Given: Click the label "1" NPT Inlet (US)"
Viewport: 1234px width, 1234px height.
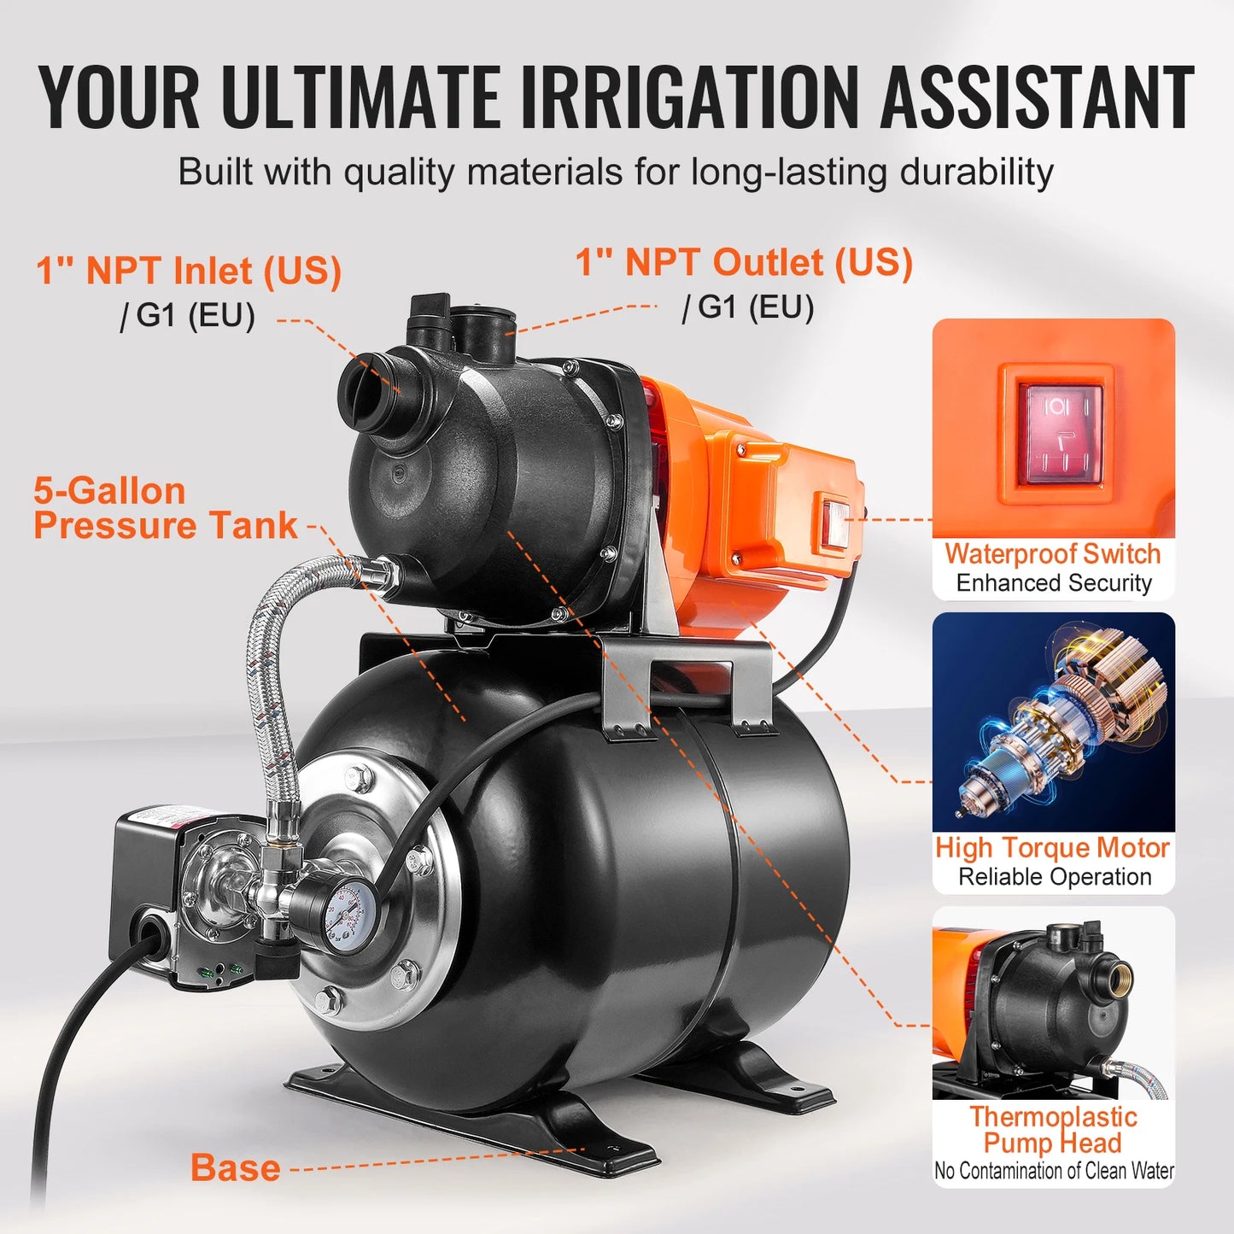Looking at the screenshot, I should [189, 272].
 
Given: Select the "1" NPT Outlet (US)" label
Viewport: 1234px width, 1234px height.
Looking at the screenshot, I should [744, 262].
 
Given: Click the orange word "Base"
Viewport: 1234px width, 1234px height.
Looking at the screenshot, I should [236, 1167].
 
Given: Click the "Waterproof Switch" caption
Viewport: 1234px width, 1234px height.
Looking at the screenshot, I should [1052, 553].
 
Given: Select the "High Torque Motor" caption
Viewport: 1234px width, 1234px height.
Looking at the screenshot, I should [1052, 847].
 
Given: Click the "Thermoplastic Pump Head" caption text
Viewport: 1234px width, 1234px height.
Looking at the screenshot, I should [1053, 1129].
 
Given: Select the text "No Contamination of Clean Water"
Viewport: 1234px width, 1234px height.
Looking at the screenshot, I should [1054, 1171].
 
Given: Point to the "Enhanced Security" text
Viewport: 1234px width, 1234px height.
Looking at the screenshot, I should [1054, 583].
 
